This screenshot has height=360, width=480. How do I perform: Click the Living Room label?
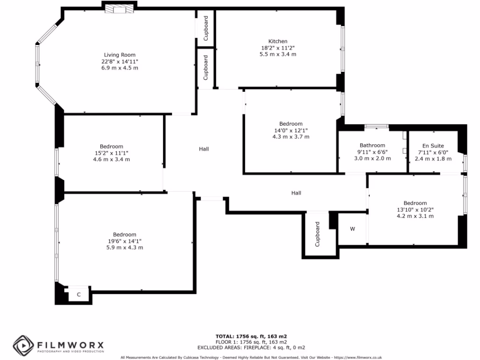120,55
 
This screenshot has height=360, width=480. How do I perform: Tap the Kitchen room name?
277,41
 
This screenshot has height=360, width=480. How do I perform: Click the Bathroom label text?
372,145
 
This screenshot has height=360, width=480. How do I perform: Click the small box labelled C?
78,294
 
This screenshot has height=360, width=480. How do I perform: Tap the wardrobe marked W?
352,229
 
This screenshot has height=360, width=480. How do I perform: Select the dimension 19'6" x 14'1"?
124,241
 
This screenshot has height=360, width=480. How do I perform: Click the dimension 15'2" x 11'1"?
112,153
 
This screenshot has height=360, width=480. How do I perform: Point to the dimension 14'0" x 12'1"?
291,130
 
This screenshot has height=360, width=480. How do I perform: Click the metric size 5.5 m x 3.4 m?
277,54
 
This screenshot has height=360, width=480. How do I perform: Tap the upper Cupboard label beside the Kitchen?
205,28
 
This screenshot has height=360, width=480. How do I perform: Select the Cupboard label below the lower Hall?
317,234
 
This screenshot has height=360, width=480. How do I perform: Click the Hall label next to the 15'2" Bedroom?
203,149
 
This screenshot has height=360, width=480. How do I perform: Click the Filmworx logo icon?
22,346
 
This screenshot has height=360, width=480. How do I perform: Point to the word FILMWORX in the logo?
70,345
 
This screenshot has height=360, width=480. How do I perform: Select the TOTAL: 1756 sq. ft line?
251,337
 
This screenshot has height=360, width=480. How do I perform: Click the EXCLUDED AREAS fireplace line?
251,347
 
